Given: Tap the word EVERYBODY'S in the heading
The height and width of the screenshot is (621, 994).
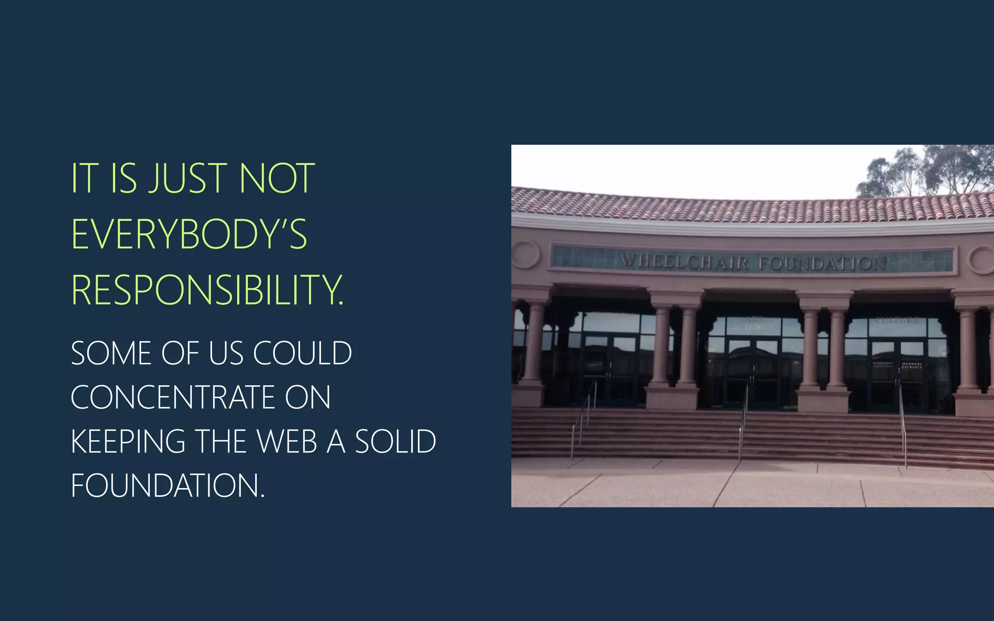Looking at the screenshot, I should click(189, 234).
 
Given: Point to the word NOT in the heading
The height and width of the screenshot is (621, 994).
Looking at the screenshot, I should click(277, 179).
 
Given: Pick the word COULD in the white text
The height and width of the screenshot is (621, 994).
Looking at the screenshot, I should click(302, 353).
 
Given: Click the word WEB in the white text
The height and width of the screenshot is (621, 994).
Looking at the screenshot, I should click(287, 441).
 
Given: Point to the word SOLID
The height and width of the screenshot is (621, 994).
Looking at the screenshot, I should click(396, 441).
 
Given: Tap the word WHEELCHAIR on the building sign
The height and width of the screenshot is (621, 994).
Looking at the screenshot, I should click(684, 262).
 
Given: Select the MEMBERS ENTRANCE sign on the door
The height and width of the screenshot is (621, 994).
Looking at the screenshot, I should click(912, 365).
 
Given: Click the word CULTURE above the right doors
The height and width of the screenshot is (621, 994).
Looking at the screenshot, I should click(897, 320).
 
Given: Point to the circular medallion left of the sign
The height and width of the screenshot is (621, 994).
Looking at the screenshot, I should click(526, 254).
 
